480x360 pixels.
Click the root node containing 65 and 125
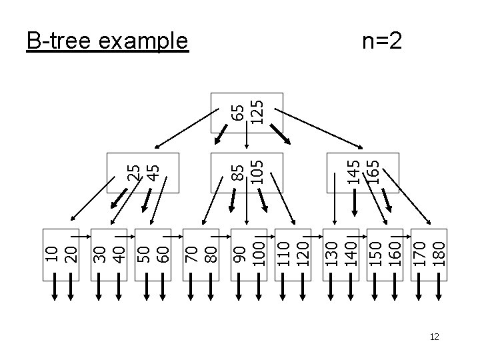point(247,112)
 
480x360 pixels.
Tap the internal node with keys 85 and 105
point(247,173)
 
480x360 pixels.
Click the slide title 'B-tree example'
point(107,41)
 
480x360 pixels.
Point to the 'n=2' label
point(382,41)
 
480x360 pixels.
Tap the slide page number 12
point(435,337)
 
